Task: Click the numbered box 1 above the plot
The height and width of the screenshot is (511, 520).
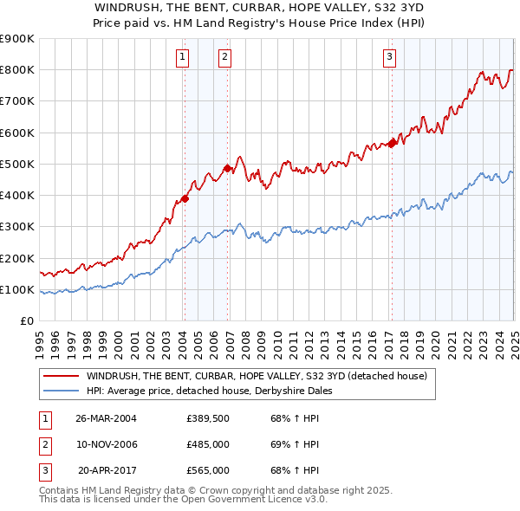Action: click(x=184, y=58)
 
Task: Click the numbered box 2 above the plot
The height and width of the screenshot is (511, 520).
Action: click(x=224, y=58)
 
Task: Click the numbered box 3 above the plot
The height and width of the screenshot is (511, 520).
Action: click(x=389, y=58)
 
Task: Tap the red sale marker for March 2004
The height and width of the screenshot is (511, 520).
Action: click(x=184, y=198)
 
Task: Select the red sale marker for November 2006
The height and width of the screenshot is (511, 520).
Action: click(x=227, y=168)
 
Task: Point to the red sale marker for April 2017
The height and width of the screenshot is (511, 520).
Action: click(x=392, y=144)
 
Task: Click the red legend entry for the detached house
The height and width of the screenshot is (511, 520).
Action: click(x=257, y=377)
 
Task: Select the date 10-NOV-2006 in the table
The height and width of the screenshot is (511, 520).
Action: click(x=107, y=444)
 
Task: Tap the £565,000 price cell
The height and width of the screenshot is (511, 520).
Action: click(x=208, y=470)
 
